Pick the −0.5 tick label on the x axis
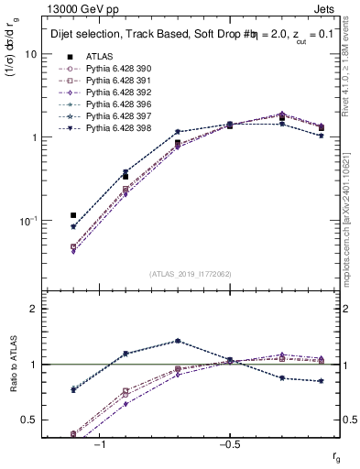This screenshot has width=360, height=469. point(228,444)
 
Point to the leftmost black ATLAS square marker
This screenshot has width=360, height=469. point(73,215)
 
